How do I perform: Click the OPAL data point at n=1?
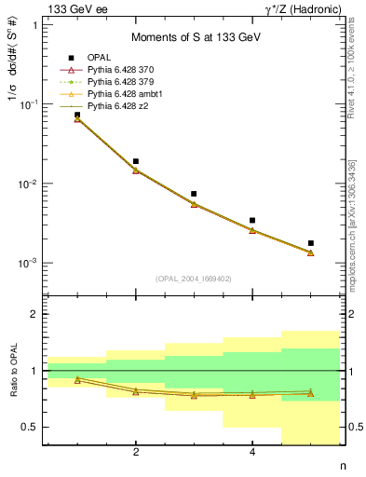click(x=77, y=115)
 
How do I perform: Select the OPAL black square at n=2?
click(x=136, y=161)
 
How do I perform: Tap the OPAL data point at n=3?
click(x=194, y=194)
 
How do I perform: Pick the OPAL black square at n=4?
click(x=252, y=221)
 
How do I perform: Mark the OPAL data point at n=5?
click(x=311, y=243)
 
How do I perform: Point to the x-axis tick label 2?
click(x=136, y=453)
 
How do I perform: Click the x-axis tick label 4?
click(x=252, y=453)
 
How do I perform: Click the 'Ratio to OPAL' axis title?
click(x=15, y=373)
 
